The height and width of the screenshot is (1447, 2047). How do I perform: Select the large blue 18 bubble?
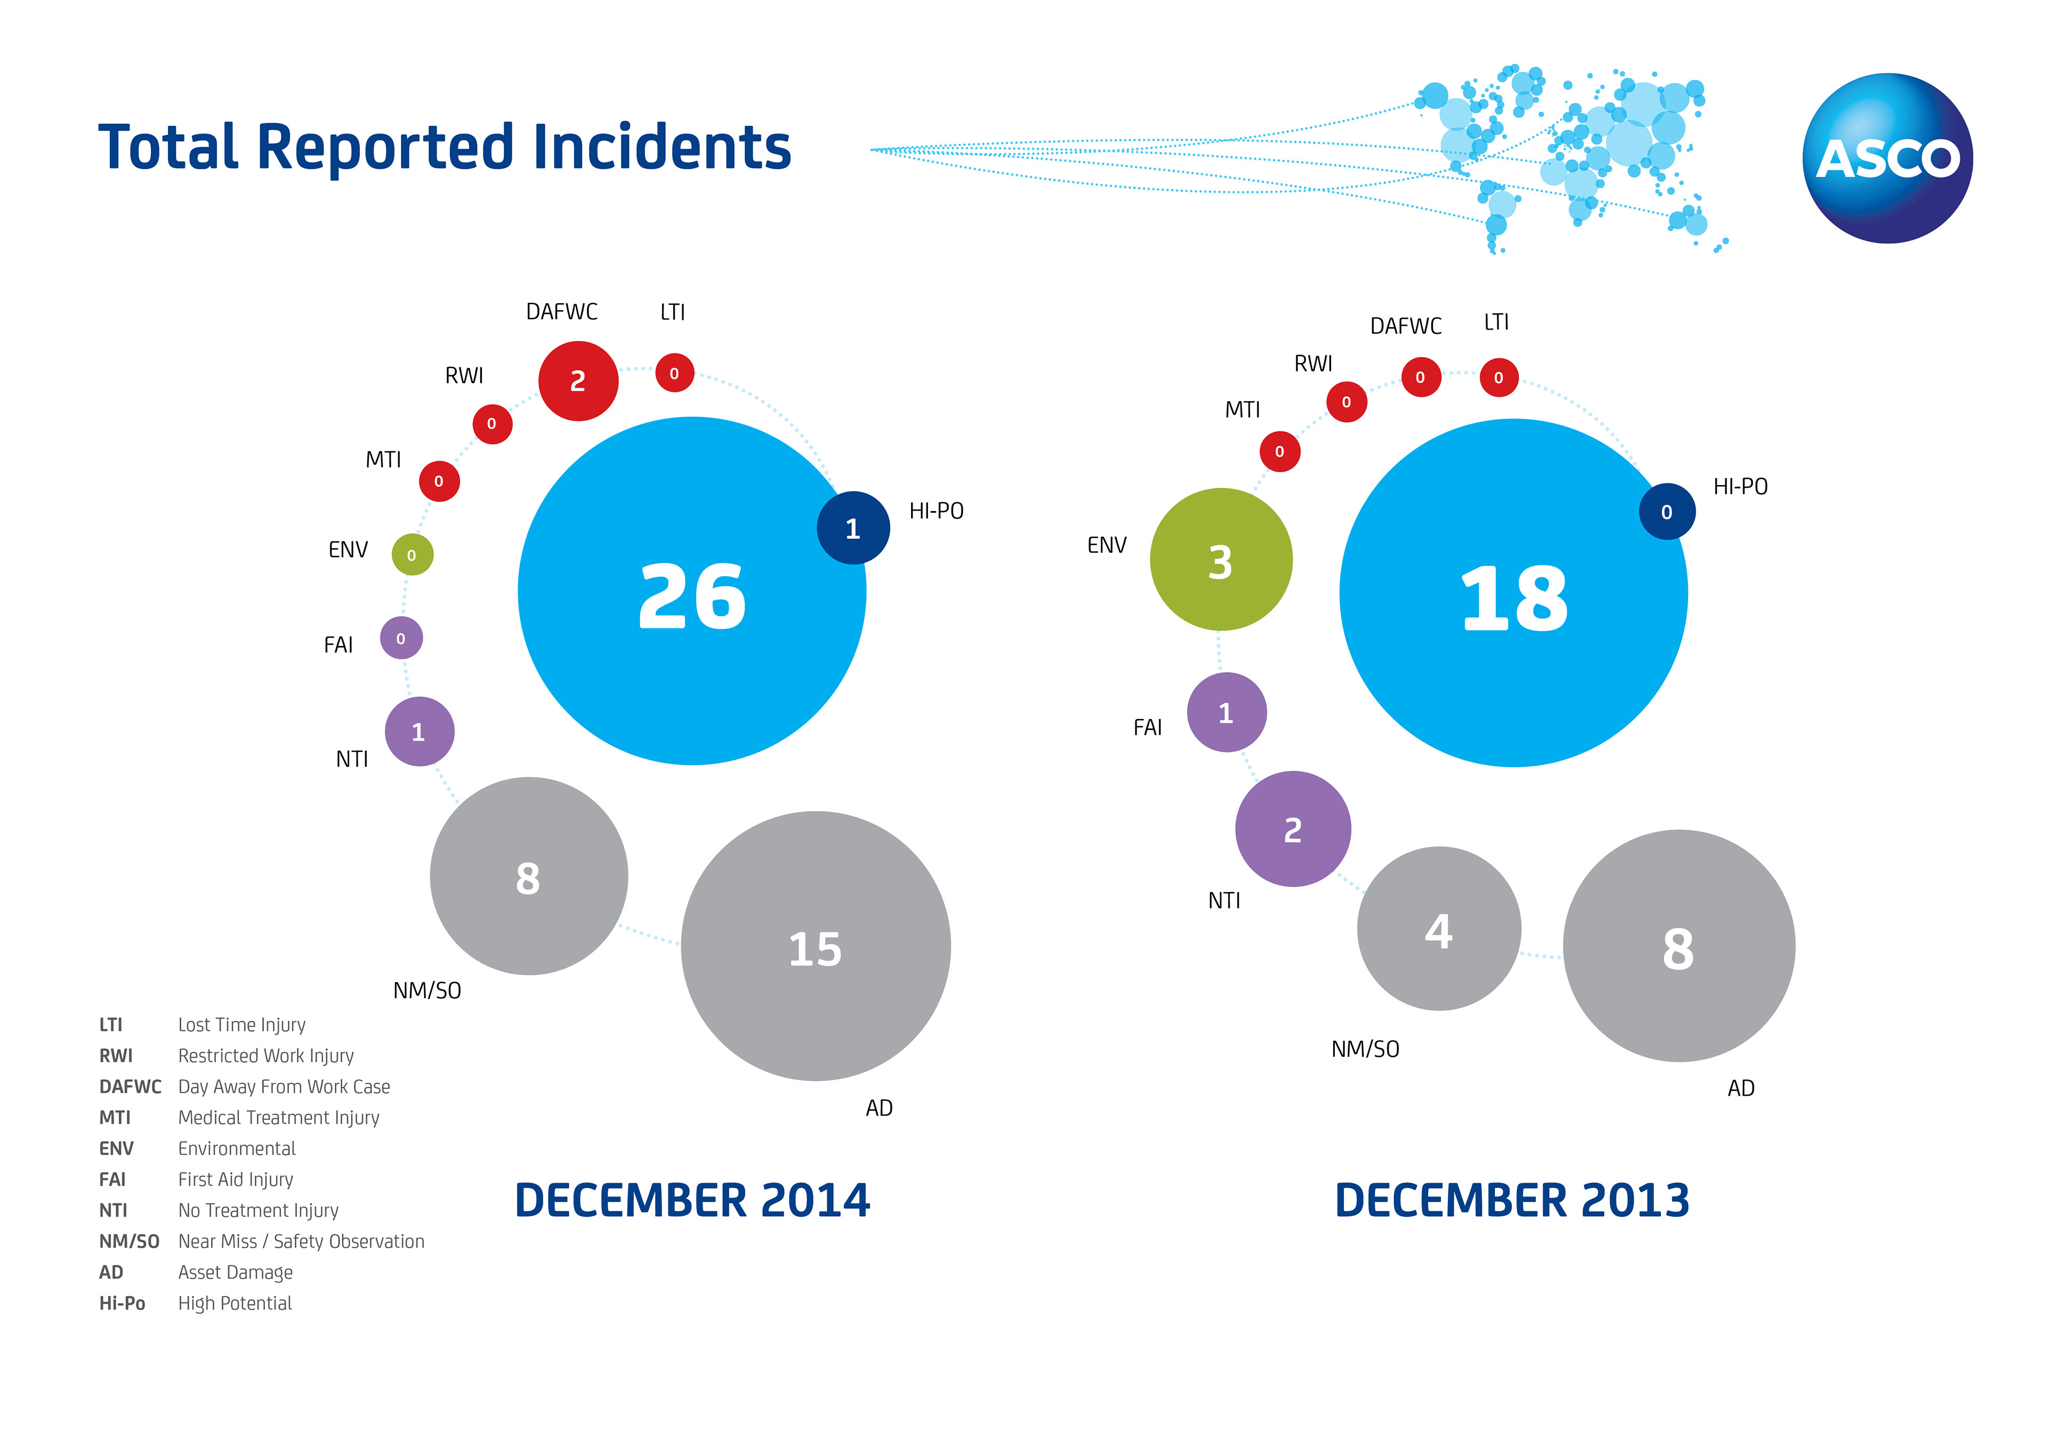pos(1513,593)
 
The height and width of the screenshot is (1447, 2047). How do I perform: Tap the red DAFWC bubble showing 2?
pos(578,381)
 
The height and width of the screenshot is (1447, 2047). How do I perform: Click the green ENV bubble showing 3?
pos(1221,560)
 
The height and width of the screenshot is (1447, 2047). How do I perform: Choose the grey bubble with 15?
pos(815,946)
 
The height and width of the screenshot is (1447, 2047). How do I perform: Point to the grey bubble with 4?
pos(1438,928)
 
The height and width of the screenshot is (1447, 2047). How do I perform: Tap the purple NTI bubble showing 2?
pos(1293,829)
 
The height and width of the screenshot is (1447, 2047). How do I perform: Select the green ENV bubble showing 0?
pos(412,554)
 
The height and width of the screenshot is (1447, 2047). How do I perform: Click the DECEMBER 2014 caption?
pos(692,1200)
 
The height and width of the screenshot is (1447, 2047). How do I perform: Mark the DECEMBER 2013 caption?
pos(1512,1200)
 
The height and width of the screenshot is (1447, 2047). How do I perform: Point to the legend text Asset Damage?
pos(236,1272)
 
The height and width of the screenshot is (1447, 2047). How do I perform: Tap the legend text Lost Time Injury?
pos(241,1024)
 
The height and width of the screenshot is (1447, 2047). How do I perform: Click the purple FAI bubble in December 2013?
pos(1226,713)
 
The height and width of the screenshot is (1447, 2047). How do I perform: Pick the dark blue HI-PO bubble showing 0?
pos(1666,512)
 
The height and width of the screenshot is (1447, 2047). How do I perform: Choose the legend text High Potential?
pos(235,1304)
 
